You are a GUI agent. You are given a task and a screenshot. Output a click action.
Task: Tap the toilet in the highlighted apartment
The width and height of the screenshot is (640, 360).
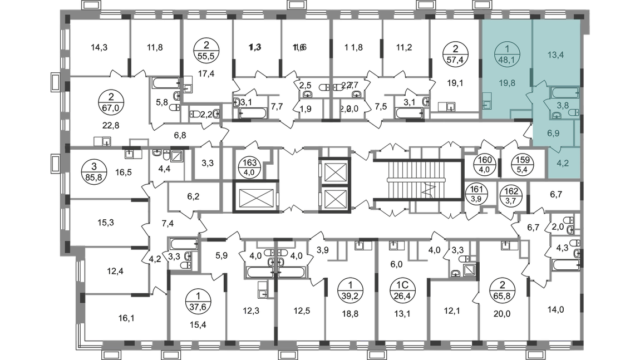(x=573, y=113)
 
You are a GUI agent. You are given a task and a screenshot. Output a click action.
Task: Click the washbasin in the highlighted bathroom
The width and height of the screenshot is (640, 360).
(x=556, y=115)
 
